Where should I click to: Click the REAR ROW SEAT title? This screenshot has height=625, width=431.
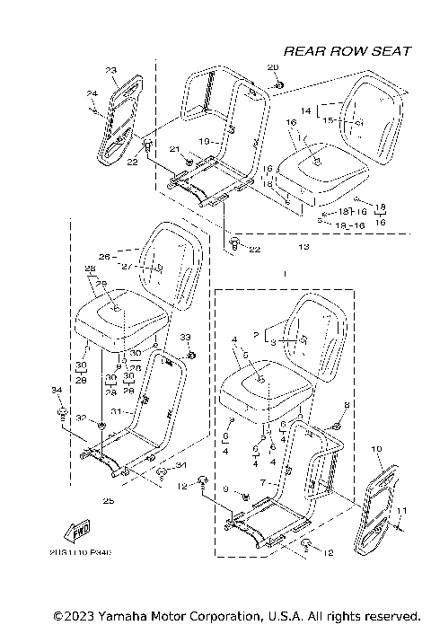tap(347, 51)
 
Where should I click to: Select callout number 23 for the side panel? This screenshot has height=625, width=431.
tap(111, 70)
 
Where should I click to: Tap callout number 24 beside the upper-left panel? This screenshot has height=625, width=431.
tap(91, 93)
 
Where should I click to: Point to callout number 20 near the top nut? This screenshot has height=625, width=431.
tap(273, 68)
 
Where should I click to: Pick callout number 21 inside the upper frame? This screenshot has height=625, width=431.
tap(175, 149)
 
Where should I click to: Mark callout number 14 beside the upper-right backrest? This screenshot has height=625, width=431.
tap(305, 110)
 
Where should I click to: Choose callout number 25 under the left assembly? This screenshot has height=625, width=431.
tap(109, 500)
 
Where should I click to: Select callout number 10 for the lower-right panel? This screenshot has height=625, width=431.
tap(376, 447)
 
